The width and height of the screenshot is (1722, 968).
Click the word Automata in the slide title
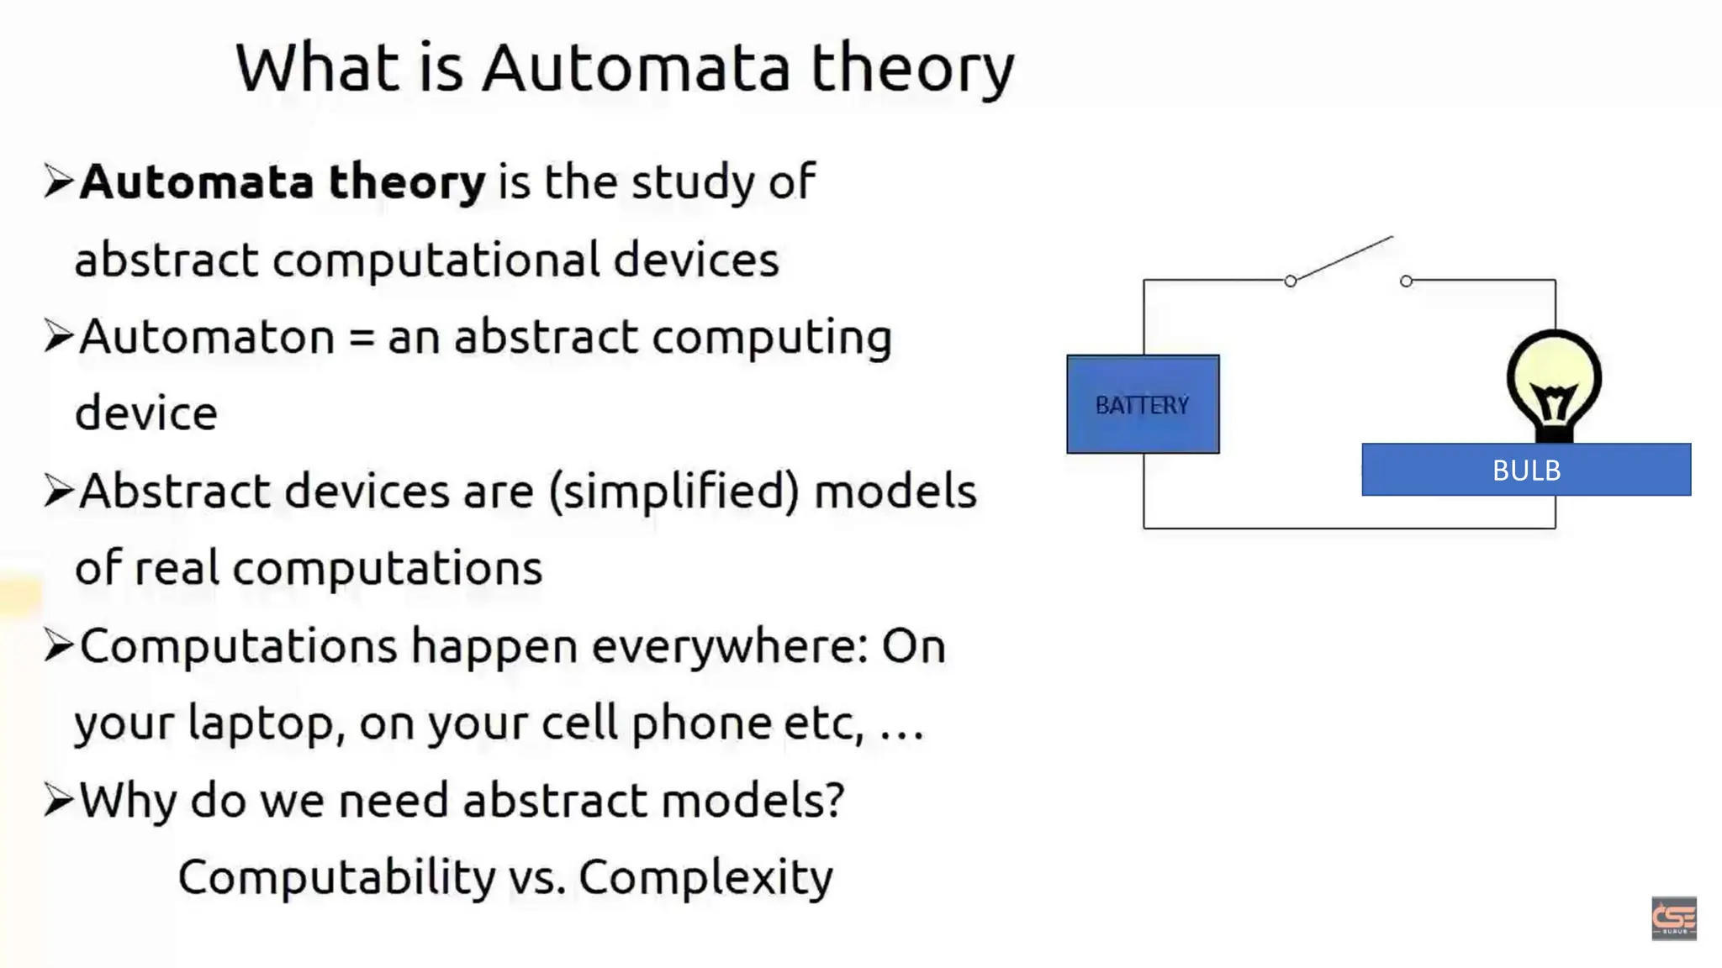pyautogui.click(x=636, y=69)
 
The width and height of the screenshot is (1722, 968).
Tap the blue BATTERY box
pyautogui.click(x=1142, y=405)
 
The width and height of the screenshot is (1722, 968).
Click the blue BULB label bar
pyautogui.click(x=1525, y=470)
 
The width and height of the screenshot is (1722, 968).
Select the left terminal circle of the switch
pyautogui.click(x=1290, y=281)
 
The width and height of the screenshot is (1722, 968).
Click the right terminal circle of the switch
pyautogui.click(x=1406, y=281)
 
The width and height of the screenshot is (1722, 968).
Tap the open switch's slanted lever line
pyautogui.click(x=1344, y=258)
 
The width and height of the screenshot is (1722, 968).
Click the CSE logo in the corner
pyautogui.click(x=1673, y=918)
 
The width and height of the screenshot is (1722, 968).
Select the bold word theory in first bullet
pyautogui.click(x=407, y=182)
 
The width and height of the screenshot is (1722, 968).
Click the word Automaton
pyautogui.click(x=207, y=338)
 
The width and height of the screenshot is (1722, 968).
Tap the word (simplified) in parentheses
pyautogui.click(x=674, y=492)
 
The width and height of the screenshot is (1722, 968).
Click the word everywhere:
pyautogui.click(x=730, y=647)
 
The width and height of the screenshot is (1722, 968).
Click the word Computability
pyautogui.click(x=336, y=878)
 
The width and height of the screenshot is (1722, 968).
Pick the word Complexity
pyautogui.click(x=705, y=878)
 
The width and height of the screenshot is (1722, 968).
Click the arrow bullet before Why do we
pyautogui.click(x=59, y=800)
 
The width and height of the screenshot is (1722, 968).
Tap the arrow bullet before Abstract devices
pyautogui.click(x=59, y=491)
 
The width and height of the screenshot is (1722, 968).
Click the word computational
pyautogui.click(x=436, y=260)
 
